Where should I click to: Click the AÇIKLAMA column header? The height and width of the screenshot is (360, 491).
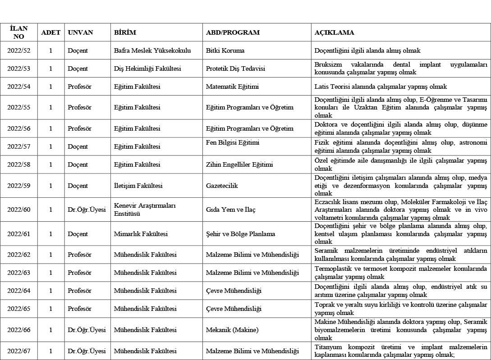click(334, 32)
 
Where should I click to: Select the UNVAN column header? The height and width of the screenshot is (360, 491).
click(80, 32)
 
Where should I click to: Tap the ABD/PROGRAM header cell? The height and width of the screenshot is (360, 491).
click(233, 32)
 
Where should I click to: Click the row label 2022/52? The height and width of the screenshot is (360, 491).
click(19, 50)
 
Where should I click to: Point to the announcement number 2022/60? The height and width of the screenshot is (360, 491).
click(19, 210)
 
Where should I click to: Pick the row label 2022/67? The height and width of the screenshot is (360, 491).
click(19, 351)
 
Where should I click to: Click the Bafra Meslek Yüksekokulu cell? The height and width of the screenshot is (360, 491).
click(152, 50)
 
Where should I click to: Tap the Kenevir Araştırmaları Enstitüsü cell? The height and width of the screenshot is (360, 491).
click(145, 210)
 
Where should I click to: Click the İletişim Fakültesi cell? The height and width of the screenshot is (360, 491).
click(138, 186)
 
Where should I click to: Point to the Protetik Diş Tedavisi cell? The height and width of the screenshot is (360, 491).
click(235, 68)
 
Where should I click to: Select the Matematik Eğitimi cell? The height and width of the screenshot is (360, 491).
click(232, 87)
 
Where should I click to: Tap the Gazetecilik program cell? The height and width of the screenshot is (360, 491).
click(222, 186)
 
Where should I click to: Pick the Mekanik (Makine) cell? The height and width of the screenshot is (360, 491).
click(232, 330)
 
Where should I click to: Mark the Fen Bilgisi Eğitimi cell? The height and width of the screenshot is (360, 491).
click(233, 143)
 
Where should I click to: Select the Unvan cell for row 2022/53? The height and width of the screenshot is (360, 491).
click(78, 68)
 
